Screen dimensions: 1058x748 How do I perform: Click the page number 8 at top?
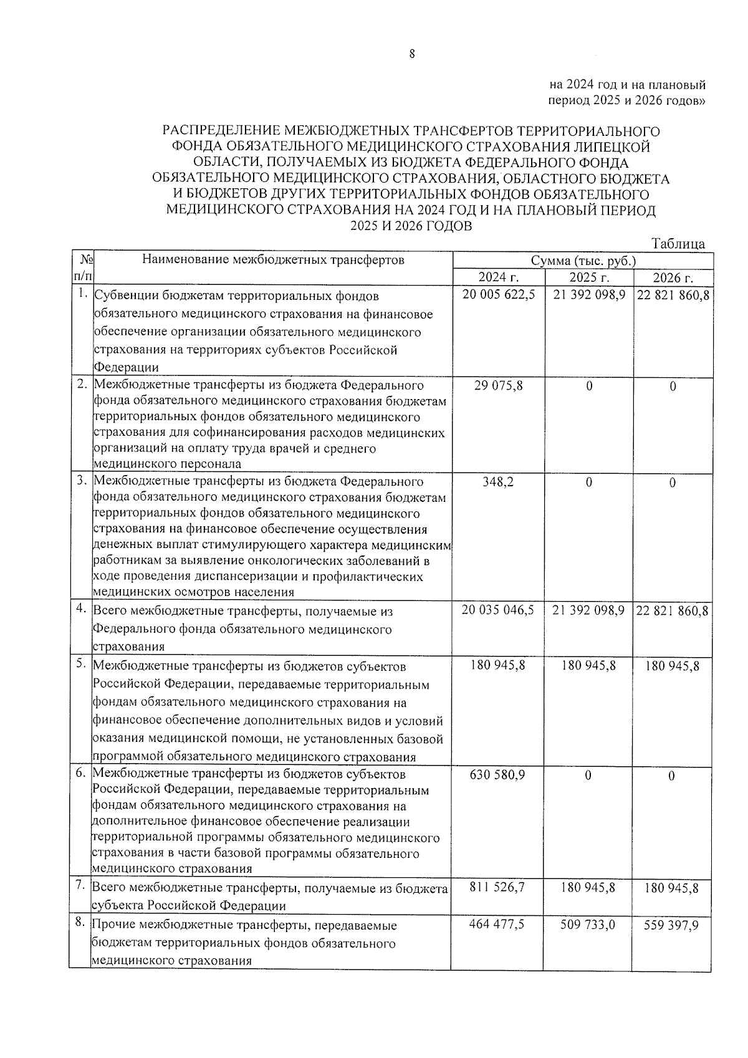(x=411, y=54)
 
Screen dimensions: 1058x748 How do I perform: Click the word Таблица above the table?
(x=678, y=244)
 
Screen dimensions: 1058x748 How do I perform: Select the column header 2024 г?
(x=498, y=277)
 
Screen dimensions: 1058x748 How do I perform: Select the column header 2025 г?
(x=588, y=277)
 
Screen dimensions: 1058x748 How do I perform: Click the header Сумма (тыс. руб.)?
(x=583, y=261)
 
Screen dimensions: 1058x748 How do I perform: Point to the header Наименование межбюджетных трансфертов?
(x=273, y=260)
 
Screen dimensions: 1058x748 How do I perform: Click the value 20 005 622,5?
(x=498, y=295)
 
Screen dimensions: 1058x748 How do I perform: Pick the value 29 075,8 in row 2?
(x=498, y=386)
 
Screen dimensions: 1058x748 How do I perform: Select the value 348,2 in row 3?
(x=498, y=482)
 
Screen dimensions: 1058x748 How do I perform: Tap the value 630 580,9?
(x=498, y=775)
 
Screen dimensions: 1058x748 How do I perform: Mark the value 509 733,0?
(x=588, y=925)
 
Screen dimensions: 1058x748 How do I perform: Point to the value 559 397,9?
(x=671, y=925)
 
